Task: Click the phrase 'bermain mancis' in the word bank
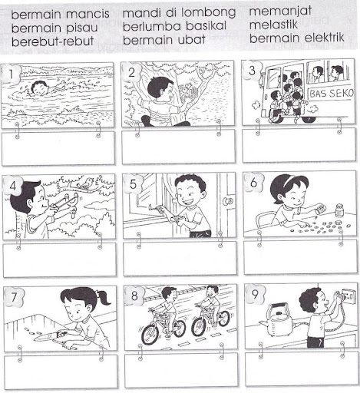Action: (61, 14)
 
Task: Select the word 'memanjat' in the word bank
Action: (280, 11)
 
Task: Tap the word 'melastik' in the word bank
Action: (273, 25)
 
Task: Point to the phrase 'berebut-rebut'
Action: (52, 41)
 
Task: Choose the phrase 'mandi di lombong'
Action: (179, 13)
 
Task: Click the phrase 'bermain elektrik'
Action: (297, 38)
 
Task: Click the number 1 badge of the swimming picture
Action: (11, 74)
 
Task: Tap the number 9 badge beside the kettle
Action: (256, 294)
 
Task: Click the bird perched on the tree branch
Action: (86, 183)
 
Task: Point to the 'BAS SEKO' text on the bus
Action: (331, 94)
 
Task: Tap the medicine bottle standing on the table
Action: (339, 210)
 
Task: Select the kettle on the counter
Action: (278, 320)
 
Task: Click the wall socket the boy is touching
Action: (348, 296)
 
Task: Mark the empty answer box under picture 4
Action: (59, 260)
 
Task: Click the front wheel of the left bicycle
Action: (151, 333)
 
